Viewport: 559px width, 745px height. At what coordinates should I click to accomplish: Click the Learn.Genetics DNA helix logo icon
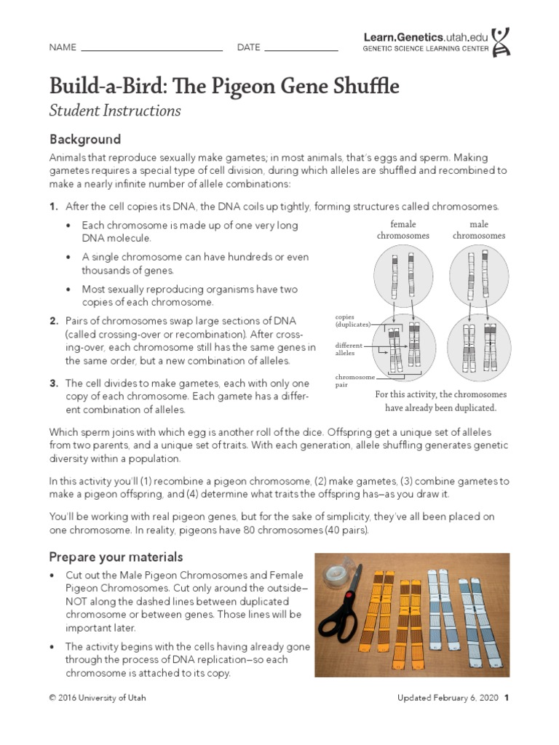click(501, 42)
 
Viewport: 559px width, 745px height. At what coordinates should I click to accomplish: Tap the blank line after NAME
click(151, 49)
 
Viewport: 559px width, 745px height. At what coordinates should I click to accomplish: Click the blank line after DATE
click(301, 49)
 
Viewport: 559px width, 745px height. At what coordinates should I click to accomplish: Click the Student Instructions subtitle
click(115, 111)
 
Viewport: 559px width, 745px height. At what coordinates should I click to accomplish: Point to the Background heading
click(84, 139)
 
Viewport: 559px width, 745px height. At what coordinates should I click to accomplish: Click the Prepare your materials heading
click(116, 557)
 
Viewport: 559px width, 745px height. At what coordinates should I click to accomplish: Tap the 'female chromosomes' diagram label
click(403, 230)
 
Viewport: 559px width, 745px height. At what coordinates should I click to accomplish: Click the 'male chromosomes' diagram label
click(478, 230)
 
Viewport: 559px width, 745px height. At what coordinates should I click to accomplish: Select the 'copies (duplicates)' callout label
click(353, 321)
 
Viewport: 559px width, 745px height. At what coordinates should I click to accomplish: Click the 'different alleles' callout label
click(348, 348)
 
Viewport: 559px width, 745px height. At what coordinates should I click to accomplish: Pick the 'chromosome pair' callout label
click(355, 381)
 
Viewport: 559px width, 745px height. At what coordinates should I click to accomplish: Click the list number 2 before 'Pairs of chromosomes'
click(54, 321)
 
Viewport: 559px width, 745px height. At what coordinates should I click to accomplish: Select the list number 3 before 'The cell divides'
click(54, 383)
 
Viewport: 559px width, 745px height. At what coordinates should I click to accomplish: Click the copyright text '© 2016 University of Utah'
click(97, 698)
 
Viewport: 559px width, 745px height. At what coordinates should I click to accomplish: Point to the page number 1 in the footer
click(506, 698)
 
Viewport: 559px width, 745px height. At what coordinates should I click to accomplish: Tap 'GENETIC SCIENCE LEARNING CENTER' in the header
click(425, 49)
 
